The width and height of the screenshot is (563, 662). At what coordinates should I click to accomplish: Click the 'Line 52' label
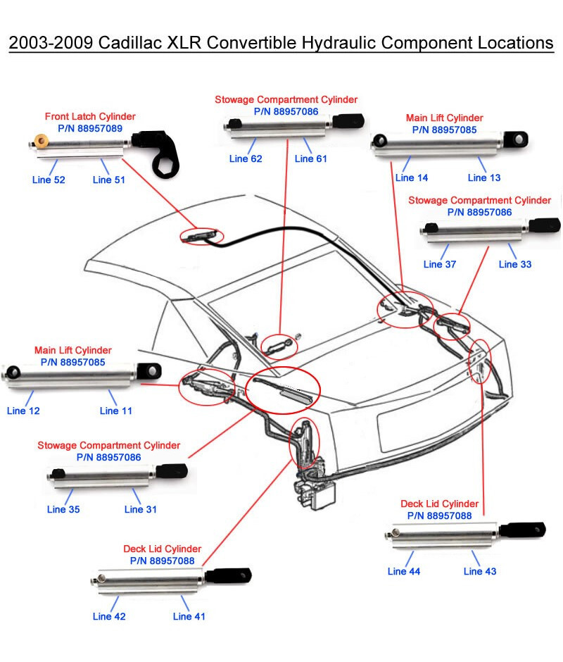[49, 180]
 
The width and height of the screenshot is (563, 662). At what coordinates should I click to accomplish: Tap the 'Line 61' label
[310, 158]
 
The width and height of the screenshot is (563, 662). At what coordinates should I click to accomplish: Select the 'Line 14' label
[412, 178]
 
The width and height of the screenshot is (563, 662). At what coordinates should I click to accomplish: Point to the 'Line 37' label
[440, 265]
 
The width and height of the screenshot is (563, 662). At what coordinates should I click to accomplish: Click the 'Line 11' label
[116, 411]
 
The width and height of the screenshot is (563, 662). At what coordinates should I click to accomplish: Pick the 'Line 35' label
[63, 509]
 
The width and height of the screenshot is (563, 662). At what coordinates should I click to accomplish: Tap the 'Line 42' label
[109, 616]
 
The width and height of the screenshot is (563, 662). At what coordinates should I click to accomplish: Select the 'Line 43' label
[480, 571]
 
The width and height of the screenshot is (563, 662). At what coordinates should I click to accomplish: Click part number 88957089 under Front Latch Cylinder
[90, 128]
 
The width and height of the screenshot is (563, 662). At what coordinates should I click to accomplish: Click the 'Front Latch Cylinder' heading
[90, 116]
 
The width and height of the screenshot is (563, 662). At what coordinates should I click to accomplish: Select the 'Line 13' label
[485, 178]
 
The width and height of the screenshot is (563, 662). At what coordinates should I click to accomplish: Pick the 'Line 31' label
[141, 509]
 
